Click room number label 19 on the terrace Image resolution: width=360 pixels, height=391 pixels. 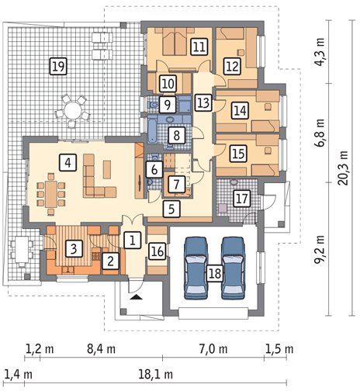click(x=58, y=67)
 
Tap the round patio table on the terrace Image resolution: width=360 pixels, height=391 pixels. click(x=73, y=110)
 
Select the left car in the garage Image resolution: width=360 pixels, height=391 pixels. click(x=196, y=268)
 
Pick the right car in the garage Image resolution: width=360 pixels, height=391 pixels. click(x=234, y=268)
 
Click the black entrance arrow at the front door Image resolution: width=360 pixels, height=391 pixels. click(x=137, y=297)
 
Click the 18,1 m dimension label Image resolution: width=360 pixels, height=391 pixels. click(x=155, y=374)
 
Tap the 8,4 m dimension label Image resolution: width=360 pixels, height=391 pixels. click(x=101, y=349)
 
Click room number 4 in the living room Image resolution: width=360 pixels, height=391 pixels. click(x=67, y=163)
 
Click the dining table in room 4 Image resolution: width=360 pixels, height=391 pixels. click(x=51, y=194)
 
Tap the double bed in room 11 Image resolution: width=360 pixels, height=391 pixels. click(x=175, y=42)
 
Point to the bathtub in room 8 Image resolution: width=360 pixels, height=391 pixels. click(x=152, y=130)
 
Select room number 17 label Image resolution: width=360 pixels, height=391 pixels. click(x=242, y=199)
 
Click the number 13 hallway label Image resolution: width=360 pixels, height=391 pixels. click(x=203, y=102)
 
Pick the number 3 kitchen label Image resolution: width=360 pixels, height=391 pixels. click(x=74, y=248)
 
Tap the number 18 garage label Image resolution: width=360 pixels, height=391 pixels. click(x=215, y=273)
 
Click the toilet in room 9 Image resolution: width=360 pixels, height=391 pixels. click(x=153, y=105)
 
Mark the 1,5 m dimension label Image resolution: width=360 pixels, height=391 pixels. click(x=279, y=349)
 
